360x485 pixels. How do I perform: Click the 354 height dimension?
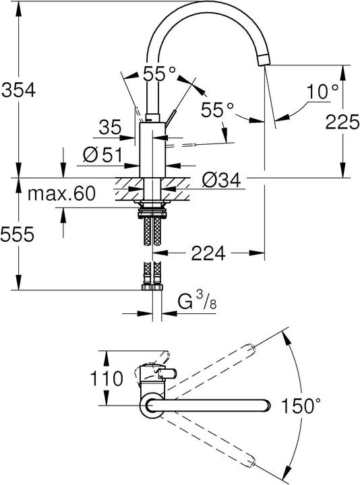(x=19, y=90)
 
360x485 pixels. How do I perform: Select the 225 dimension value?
(x=342, y=121)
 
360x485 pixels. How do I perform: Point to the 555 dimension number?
(x=17, y=234)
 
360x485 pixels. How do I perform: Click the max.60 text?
(x=61, y=194)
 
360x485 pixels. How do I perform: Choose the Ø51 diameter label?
(x=102, y=155)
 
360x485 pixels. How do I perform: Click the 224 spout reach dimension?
(x=208, y=253)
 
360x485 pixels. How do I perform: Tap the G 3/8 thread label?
(x=197, y=300)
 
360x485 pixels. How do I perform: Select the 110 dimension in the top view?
(x=106, y=379)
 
